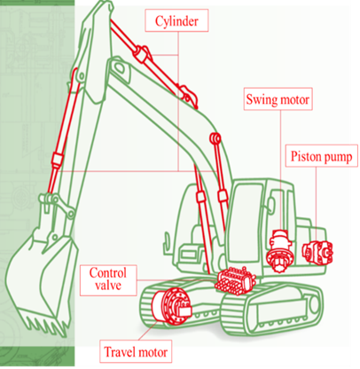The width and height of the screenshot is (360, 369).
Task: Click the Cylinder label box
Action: pos(176,20)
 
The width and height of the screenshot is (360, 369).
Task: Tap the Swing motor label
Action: pos(278,99)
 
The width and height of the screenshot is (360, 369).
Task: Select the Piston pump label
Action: pos(322,156)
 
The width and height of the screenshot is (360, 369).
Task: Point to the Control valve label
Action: pos(108,280)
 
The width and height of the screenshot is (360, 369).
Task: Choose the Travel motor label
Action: pos(136,351)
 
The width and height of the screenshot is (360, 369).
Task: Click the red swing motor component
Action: pos(279,250)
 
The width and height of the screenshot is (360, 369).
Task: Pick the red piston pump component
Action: pos(317,251)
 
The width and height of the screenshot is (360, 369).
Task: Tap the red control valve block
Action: pos(235,280)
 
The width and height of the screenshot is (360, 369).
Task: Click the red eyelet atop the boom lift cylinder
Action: pos(215,138)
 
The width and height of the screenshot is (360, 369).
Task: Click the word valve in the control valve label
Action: pos(108,287)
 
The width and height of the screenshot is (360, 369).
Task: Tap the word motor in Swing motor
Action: pos(294,99)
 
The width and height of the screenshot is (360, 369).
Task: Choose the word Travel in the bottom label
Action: pos(119,352)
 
